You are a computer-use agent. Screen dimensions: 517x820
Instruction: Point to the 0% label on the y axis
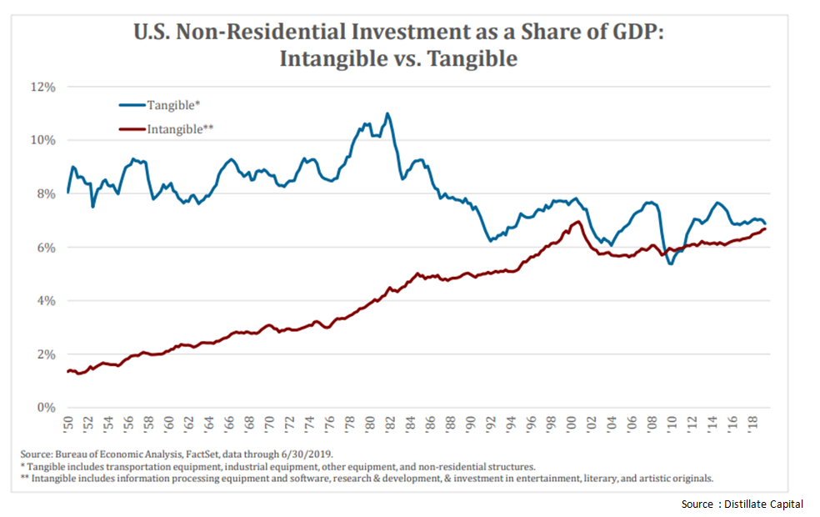(x=47, y=408)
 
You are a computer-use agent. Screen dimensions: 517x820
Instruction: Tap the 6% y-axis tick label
(x=47, y=248)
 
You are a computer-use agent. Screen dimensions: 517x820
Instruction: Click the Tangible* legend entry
(x=171, y=105)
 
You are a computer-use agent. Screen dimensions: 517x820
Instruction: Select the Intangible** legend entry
(x=181, y=129)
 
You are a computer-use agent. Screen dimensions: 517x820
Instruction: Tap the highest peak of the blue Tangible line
(x=387, y=113)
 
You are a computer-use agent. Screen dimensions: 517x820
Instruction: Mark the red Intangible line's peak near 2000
(x=577, y=222)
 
